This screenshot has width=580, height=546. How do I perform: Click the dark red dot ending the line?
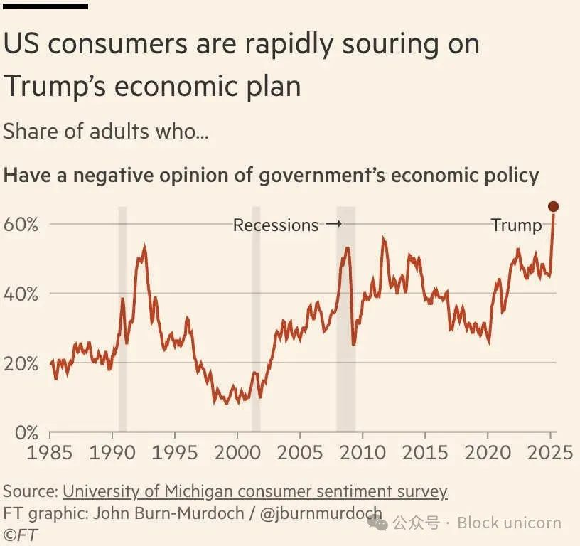coord(554,207)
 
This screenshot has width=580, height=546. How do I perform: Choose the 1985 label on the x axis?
coord(50,452)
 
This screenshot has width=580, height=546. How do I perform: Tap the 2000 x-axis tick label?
coord(237,452)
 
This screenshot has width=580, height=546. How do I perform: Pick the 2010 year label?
coord(362,452)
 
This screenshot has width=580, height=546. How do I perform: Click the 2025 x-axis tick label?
coord(549,452)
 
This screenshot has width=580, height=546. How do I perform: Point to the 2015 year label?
coord(425,452)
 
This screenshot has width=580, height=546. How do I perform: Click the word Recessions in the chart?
coord(276,225)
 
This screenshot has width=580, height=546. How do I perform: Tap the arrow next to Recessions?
coord(333,225)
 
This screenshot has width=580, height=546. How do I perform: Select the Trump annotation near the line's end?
coord(516,225)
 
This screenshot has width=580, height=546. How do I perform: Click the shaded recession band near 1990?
coord(122,320)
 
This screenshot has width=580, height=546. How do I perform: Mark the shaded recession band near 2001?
coord(256,320)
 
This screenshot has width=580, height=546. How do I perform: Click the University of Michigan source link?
coord(255,491)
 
